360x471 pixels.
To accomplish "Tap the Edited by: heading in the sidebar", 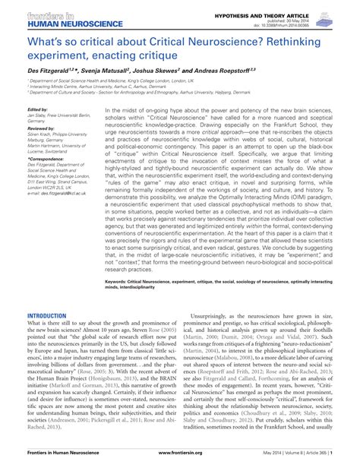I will [x=39, y=109].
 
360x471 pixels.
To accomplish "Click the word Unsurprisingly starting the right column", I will [x=212, y=315].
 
